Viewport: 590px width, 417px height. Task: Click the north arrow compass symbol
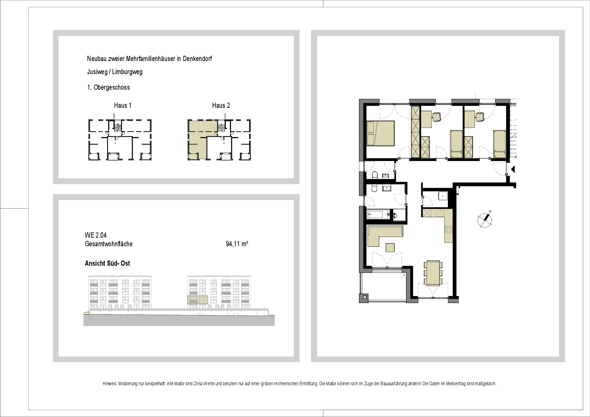click(x=485, y=220)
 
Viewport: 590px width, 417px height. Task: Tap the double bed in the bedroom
click(x=380, y=133)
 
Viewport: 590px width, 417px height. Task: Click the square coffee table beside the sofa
click(x=390, y=247)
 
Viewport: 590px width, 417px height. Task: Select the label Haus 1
click(x=123, y=106)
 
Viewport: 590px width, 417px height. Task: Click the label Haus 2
click(x=221, y=106)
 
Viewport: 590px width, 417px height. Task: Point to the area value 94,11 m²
click(x=237, y=244)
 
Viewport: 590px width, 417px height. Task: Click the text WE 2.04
click(x=96, y=236)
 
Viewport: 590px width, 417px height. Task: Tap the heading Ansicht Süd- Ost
click(x=107, y=263)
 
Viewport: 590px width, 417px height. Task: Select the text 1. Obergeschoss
click(x=108, y=87)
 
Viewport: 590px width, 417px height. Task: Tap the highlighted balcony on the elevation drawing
click(x=198, y=300)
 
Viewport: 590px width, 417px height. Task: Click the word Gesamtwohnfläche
click(x=109, y=244)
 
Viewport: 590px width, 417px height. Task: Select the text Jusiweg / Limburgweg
click(x=115, y=72)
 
